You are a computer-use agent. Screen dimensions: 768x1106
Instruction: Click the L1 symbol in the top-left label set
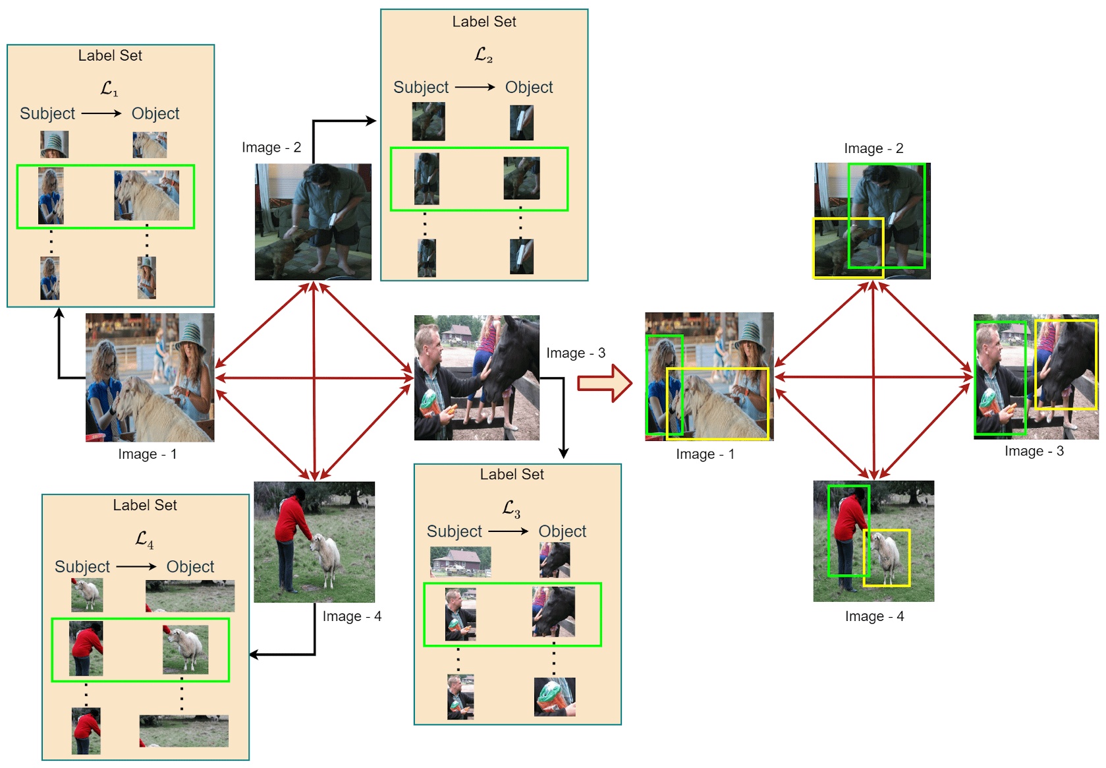pyautogui.click(x=109, y=88)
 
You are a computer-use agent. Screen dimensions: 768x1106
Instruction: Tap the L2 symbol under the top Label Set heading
pyautogui.click(x=484, y=55)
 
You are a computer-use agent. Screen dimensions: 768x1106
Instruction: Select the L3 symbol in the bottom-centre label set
pyautogui.click(x=511, y=508)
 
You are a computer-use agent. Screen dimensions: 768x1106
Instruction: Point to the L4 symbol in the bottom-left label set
pyautogui.click(x=144, y=539)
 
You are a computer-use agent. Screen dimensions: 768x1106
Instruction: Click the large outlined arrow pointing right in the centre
pyautogui.click(x=605, y=383)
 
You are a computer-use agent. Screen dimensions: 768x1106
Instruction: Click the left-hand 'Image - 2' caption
pyautogui.click(x=271, y=147)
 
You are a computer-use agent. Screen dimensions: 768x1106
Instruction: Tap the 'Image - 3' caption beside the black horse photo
pyautogui.click(x=575, y=353)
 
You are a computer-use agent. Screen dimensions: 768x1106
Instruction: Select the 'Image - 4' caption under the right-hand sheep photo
pyautogui.click(x=874, y=616)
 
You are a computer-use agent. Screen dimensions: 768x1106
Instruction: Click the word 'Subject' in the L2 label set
pyautogui.click(x=420, y=87)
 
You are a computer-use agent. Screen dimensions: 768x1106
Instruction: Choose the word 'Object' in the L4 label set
pyautogui.click(x=190, y=566)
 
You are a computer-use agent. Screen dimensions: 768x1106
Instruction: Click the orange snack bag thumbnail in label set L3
pyautogui.click(x=554, y=697)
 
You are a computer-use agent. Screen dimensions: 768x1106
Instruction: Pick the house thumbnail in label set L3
pyautogui.click(x=460, y=561)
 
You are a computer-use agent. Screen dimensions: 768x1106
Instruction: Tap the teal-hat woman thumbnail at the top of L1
pyautogui.click(x=54, y=144)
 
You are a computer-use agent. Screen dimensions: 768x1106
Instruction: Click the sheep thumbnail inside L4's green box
pyautogui.click(x=186, y=649)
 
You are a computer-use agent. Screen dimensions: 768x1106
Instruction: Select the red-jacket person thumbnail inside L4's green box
pyautogui.click(x=86, y=649)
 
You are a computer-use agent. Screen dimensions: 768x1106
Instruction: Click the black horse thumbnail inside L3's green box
pyautogui.click(x=553, y=612)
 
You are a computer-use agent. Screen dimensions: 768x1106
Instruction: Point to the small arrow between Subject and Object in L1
pyautogui.click(x=101, y=113)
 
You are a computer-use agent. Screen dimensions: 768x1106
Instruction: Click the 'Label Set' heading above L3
pyautogui.click(x=511, y=474)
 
